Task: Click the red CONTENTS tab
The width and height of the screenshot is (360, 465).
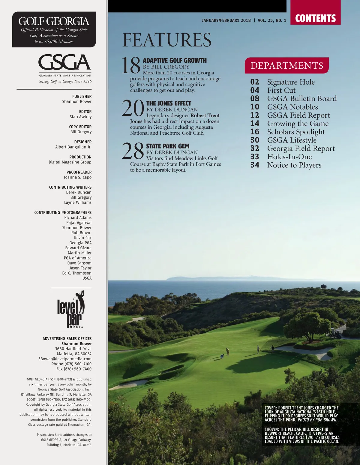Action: tap(315, 18)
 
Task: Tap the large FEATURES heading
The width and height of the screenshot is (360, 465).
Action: tap(167, 40)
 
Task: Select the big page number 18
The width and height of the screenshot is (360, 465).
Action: tap(131, 65)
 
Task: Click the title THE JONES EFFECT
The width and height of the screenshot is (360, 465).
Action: tap(169, 103)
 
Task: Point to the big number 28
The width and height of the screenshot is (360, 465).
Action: tap(133, 151)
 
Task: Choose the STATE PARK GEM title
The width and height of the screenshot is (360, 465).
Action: tap(168, 146)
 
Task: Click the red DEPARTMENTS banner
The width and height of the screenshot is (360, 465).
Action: tap(286, 65)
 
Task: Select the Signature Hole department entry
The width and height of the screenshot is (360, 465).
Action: tap(291, 82)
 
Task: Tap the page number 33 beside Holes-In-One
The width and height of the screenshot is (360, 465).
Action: tap(255, 157)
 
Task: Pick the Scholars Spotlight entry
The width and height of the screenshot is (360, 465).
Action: tap(296, 132)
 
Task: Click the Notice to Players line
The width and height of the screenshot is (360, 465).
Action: tap(294, 165)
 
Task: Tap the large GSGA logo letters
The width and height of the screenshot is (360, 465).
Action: tap(64, 62)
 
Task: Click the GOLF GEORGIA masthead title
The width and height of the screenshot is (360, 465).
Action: tap(54, 21)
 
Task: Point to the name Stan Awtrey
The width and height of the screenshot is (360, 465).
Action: tap(81, 117)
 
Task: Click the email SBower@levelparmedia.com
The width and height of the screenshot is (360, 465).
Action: tap(65, 359)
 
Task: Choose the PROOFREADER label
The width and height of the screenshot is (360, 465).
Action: tap(79, 172)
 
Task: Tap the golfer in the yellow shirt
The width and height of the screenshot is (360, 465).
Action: tap(228, 351)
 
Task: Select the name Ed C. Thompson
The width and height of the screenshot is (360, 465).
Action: tap(77, 273)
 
